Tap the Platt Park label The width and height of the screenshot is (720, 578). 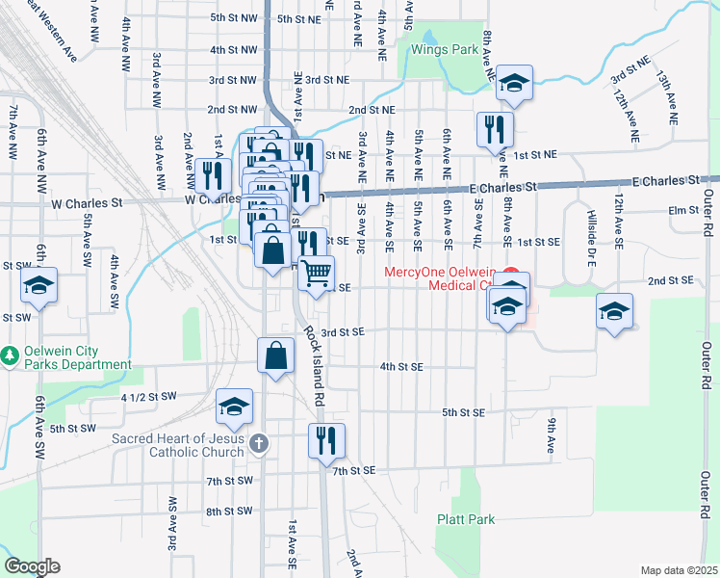tap(466, 519)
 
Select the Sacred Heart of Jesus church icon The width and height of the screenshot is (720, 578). tap(258, 444)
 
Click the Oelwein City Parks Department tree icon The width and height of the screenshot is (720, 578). tap(10, 355)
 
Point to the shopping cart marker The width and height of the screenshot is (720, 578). tap(316, 274)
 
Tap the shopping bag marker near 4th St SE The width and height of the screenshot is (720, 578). tap(275, 355)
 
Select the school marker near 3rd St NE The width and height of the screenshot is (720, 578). tap(515, 83)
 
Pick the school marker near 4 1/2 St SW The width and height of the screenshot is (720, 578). tap(234, 407)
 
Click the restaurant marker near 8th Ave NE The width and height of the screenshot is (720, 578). tap(495, 128)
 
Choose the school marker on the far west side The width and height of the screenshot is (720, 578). tap(39, 284)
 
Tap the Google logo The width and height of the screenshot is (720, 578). tap(32, 566)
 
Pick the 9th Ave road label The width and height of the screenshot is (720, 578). tap(552, 435)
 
